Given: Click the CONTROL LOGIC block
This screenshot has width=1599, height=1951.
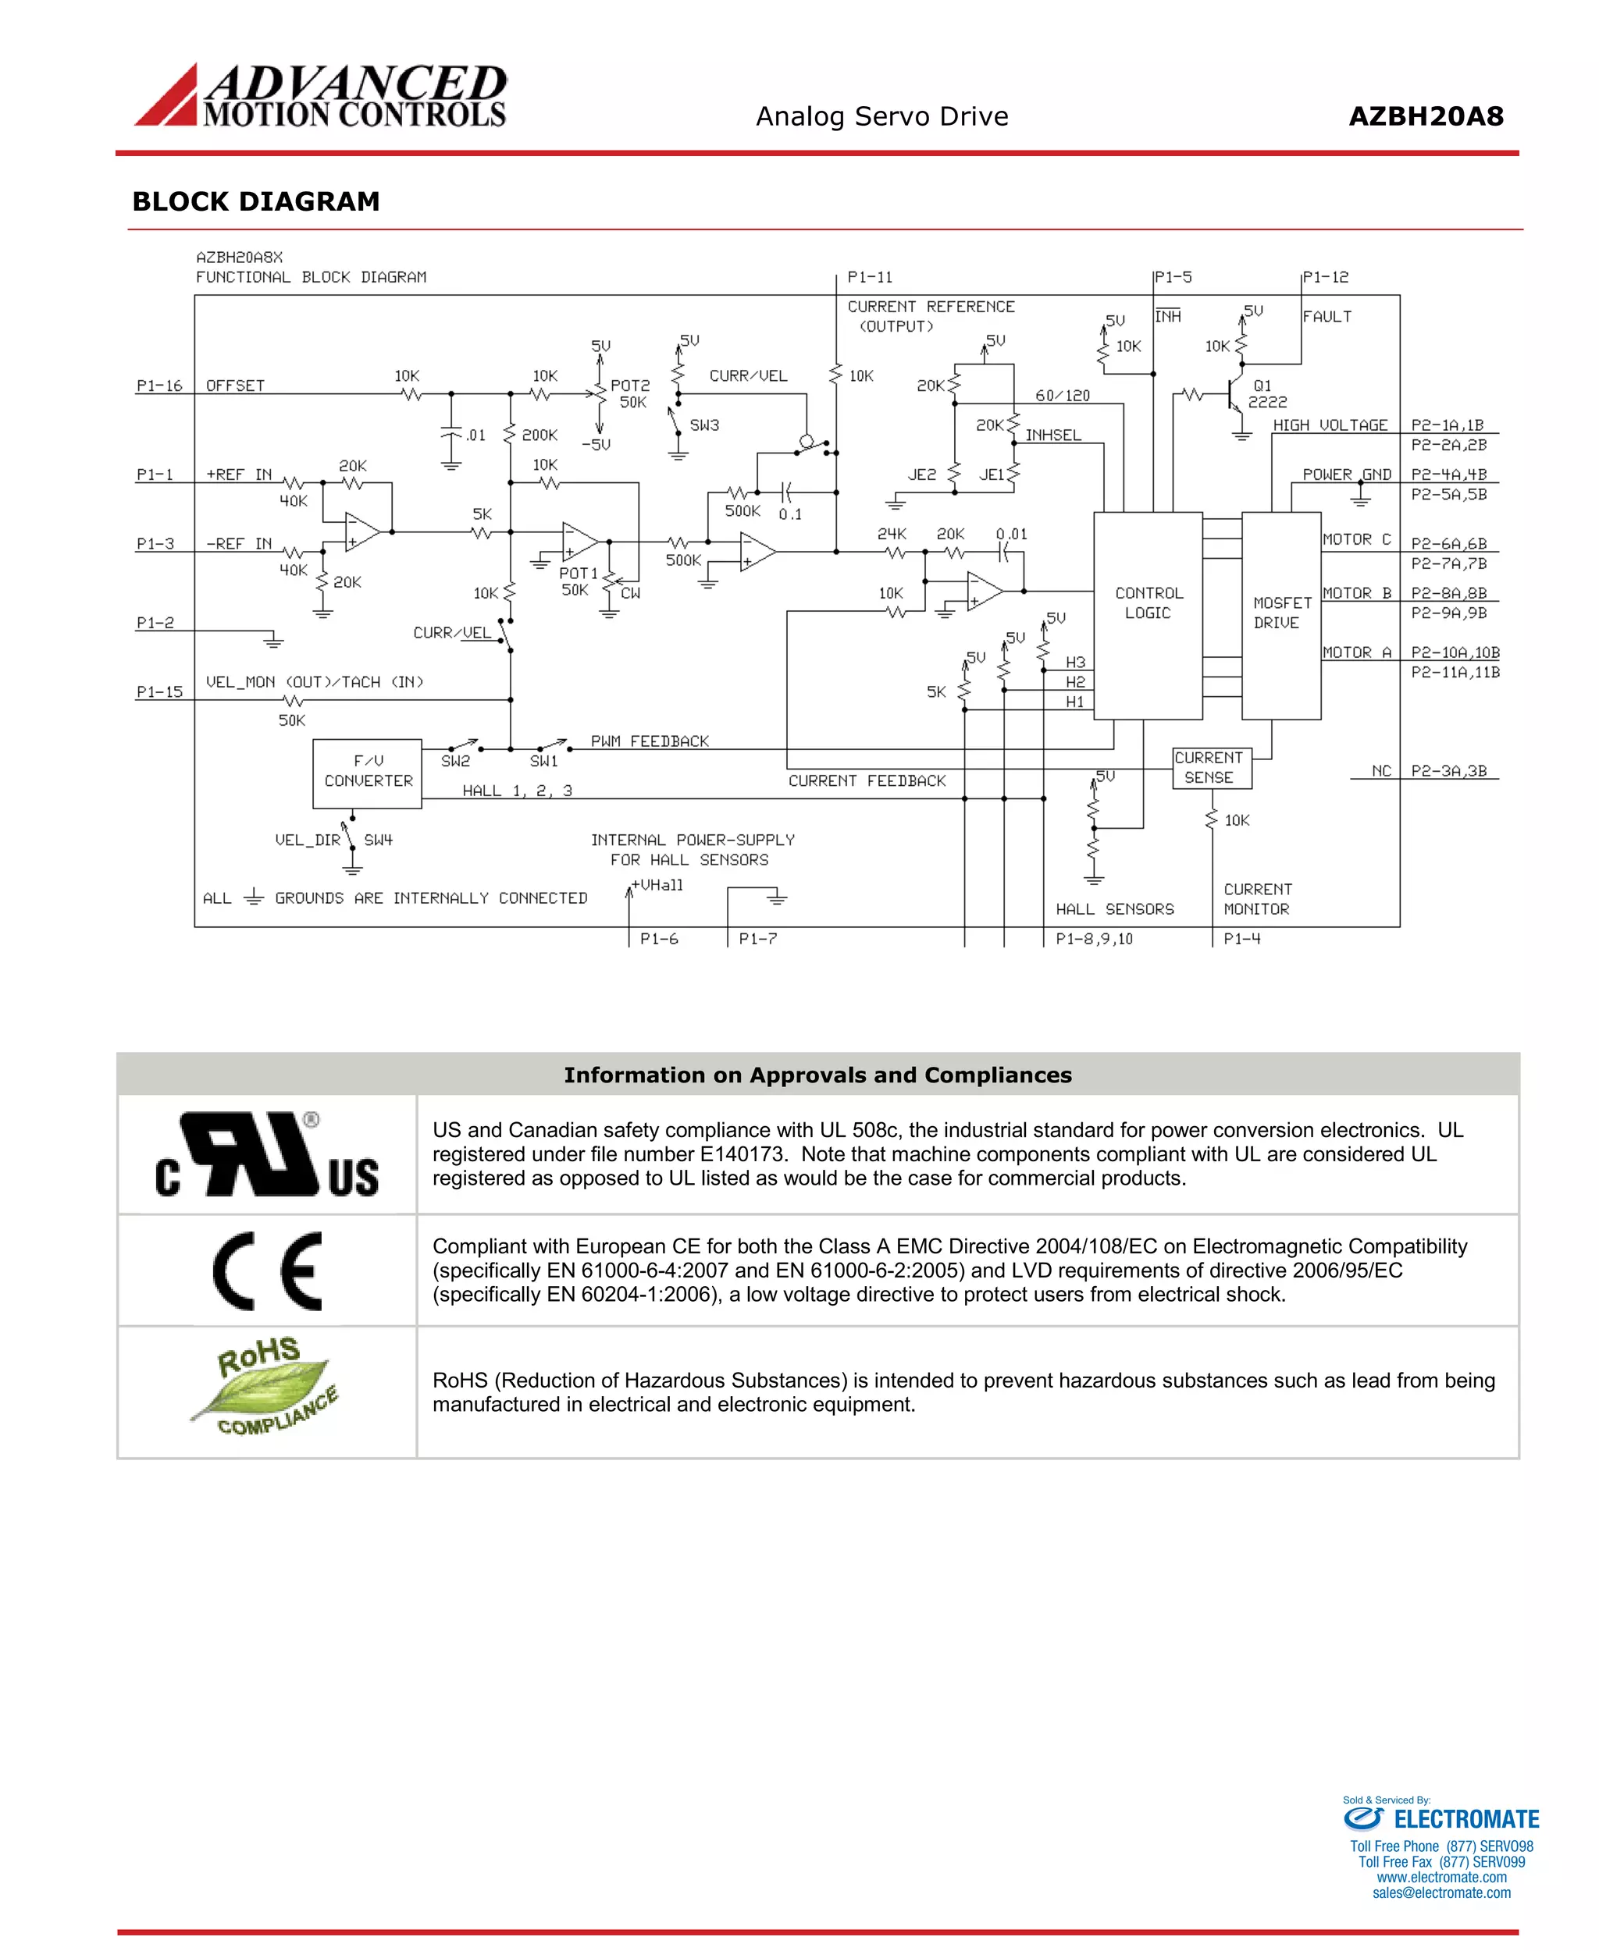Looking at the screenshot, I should [x=1148, y=614].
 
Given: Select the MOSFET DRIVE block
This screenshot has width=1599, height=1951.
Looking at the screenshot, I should [x=1280, y=614].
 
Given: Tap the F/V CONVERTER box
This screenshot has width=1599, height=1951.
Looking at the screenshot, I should [x=368, y=773].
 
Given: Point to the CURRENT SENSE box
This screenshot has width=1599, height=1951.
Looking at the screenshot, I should [x=1211, y=768].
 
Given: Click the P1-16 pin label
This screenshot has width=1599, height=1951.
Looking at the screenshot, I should [x=159, y=386].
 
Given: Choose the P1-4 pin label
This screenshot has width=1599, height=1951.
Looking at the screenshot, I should [x=1241, y=939].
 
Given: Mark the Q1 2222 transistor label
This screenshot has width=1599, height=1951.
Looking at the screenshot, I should [x=1266, y=394].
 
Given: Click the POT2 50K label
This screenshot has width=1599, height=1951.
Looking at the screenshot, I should [x=631, y=394].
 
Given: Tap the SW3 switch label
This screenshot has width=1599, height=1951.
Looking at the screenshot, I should [x=704, y=425].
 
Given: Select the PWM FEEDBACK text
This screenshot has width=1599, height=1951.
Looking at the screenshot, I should [x=650, y=741].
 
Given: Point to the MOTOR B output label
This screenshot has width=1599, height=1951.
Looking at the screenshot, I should [x=1357, y=594].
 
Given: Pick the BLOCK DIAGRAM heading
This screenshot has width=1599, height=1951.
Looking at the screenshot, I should [x=256, y=201].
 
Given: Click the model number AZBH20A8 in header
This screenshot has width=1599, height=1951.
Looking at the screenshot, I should [x=1425, y=117].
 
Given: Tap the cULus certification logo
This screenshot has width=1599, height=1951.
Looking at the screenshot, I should [x=267, y=1154].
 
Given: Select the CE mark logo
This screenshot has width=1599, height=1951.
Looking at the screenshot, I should [x=268, y=1270].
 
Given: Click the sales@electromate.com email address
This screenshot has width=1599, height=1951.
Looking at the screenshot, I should [x=1441, y=1893].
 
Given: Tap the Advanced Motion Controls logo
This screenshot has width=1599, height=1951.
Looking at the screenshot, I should [x=321, y=95].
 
